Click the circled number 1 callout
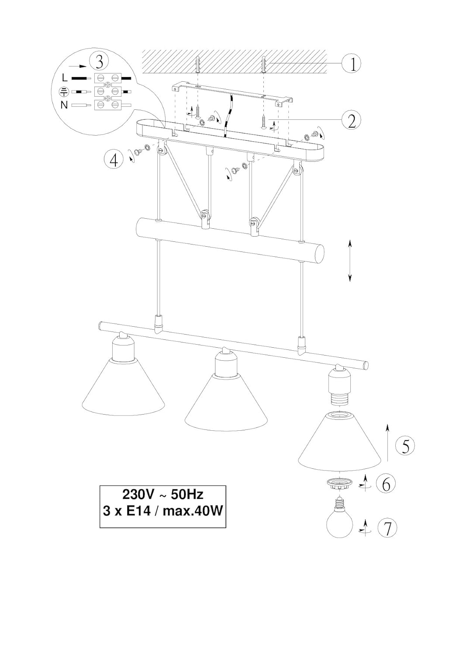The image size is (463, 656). pos(351,64)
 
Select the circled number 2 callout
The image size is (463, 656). pos(351,120)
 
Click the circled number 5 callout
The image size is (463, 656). pos(405,446)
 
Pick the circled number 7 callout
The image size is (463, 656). pos(387,528)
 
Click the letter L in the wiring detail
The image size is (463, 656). pos(65,78)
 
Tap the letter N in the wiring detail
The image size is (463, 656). pos(64,105)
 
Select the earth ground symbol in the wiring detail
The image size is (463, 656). pos(64,91)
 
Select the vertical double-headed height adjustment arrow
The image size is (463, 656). pos(350,260)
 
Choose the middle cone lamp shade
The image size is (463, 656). pos(226,402)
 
